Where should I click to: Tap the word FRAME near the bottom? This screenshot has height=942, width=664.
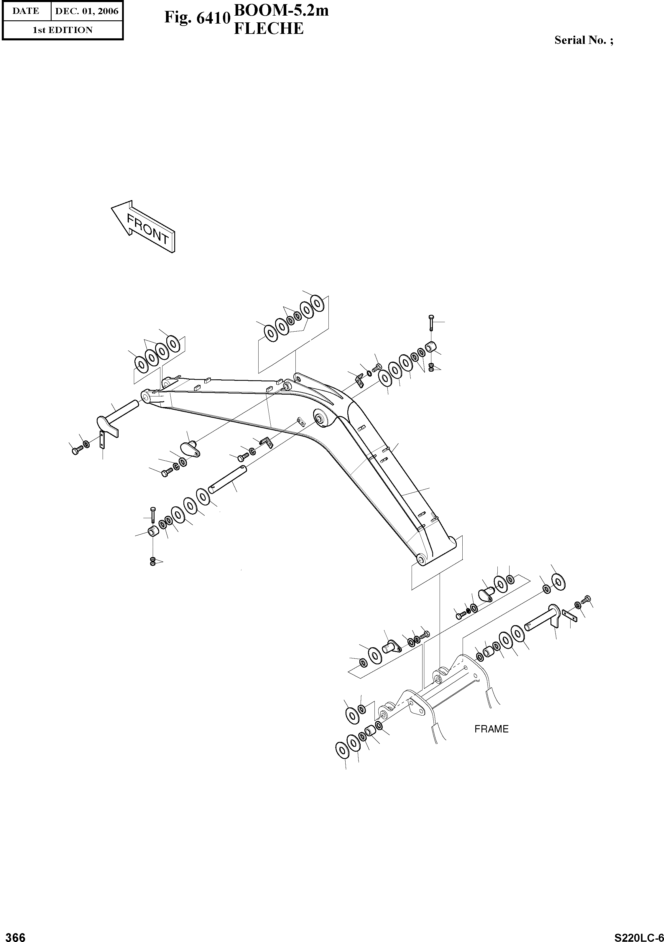pyautogui.click(x=491, y=729)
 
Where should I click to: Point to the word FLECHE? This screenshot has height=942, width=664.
pyautogui.click(x=269, y=29)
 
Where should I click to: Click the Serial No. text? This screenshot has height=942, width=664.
pyautogui.click(x=584, y=40)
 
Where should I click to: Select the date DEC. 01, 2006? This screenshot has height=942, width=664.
pyautogui.click(x=87, y=11)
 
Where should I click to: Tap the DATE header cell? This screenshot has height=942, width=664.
pyautogui.click(x=26, y=11)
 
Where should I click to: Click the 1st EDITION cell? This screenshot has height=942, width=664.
pyautogui.click(x=63, y=30)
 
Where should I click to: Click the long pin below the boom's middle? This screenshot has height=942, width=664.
pyautogui.click(x=228, y=478)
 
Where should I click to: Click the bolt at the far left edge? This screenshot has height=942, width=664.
pyautogui.click(x=76, y=450)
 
